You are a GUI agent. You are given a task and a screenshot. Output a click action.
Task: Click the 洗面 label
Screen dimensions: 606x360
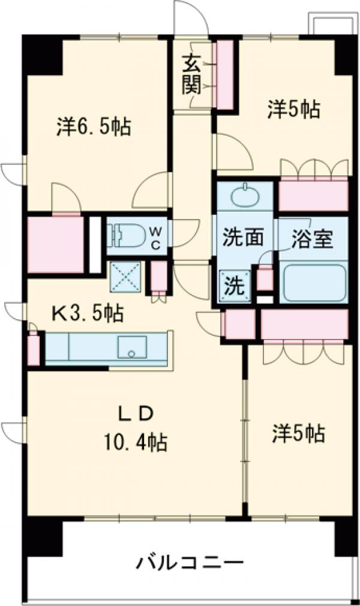click(243, 238)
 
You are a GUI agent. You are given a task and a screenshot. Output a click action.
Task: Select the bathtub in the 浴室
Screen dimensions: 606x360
click(313, 283)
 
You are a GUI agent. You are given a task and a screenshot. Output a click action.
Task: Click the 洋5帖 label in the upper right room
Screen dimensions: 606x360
click(293, 109)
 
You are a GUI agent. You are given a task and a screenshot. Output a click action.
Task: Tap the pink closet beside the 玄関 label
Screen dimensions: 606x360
click(224, 74)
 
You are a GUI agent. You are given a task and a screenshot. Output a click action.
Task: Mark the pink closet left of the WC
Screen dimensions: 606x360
click(55, 244)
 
